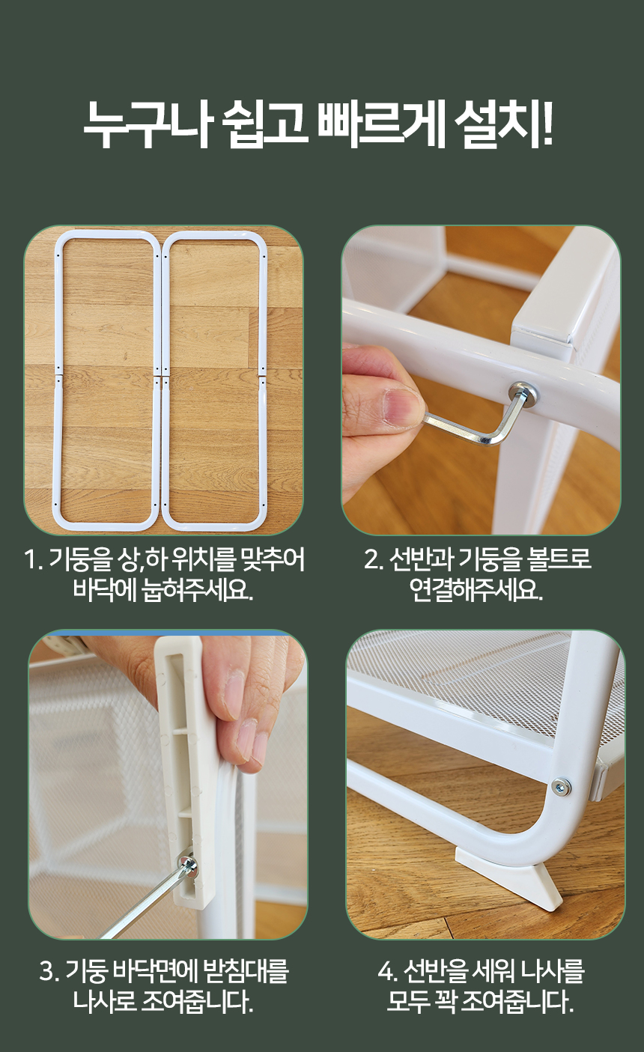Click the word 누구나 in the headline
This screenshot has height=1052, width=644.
coord(146,124)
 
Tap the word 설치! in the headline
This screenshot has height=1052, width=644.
coord(503,124)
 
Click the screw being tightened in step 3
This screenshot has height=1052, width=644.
coord(186,864)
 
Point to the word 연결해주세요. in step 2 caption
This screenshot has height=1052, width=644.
coord(476,590)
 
